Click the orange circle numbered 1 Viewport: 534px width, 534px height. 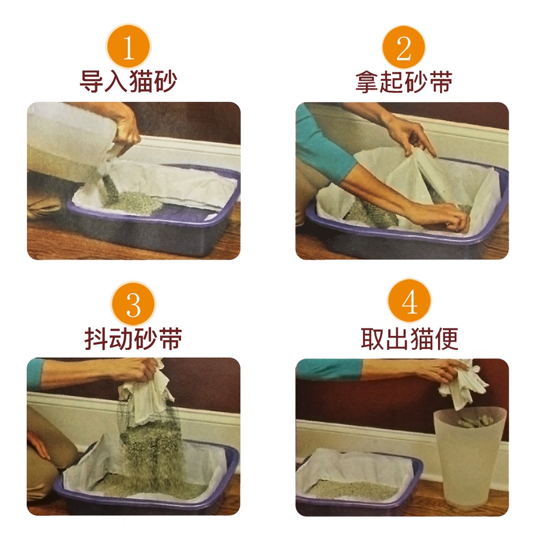tap(128, 46)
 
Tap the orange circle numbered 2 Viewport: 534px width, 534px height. tap(404, 47)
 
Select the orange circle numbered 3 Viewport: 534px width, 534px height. tap(133, 304)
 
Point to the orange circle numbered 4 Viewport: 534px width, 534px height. tap(409, 301)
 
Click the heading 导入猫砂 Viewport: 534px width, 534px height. tap(128, 81)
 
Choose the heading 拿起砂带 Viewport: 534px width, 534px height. tap(404, 82)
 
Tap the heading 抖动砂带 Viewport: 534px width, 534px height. tap(133, 338)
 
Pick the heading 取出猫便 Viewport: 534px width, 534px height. tap(409, 338)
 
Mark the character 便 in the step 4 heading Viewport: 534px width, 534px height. tap(446, 338)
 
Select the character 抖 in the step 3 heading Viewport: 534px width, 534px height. tap(96, 338)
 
